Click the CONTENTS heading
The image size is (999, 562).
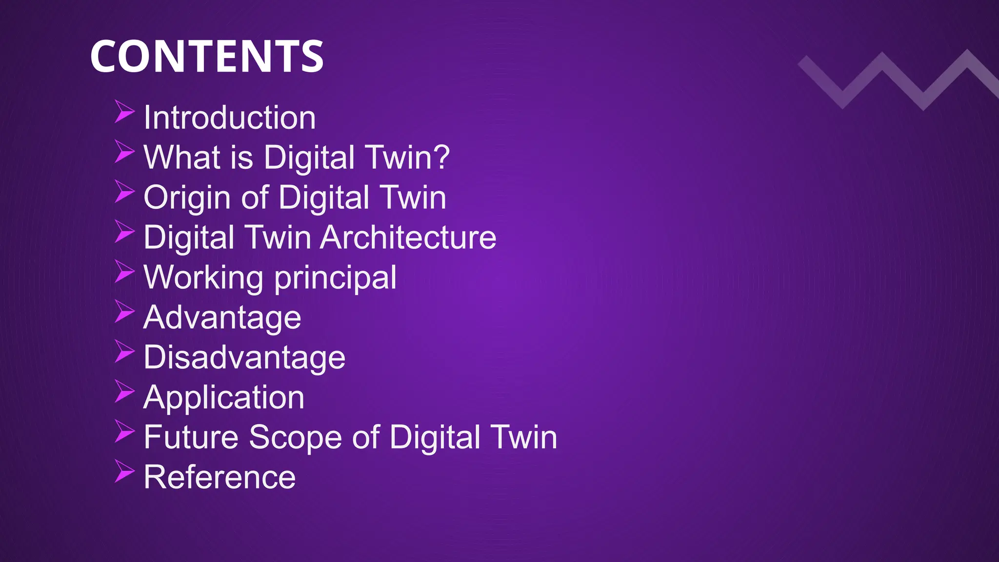(207, 57)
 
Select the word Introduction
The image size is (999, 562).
(230, 118)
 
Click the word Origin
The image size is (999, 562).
(187, 198)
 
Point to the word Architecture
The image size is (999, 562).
(408, 238)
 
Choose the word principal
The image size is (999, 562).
(336, 278)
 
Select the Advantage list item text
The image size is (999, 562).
(222, 318)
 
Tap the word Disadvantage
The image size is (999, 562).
(244, 358)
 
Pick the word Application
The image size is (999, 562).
(224, 398)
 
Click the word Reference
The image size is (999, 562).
(220, 477)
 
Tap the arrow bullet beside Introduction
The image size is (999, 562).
(124, 112)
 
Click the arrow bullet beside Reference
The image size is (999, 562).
(124, 471)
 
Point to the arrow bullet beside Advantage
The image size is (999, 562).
(124, 311)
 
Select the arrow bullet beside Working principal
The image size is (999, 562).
(124, 271)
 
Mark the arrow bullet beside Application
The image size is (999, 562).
(124, 391)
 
